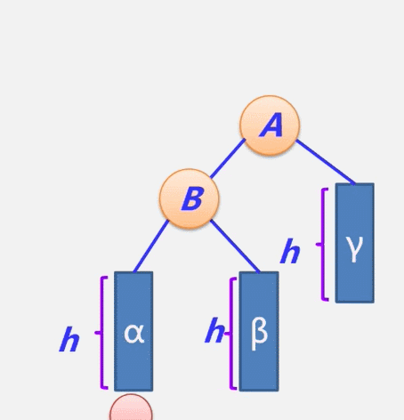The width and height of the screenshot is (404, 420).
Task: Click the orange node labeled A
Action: click(x=270, y=125)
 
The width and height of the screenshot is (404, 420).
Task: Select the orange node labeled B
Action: click(x=190, y=198)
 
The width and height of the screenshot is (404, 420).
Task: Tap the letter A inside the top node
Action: click(x=271, y=125)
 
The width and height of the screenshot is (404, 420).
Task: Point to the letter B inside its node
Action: click(x=192, y=199)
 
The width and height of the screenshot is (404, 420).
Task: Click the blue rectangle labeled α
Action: click(x=133, y=331)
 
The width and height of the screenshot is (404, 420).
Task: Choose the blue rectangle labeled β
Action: click(x=259, y=331)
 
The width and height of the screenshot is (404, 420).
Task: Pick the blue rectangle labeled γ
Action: click(x=355, y=243)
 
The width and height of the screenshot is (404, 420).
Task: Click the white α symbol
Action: click(x=134, y=334)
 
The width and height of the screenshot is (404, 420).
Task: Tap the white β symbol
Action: click(x=259, y=335)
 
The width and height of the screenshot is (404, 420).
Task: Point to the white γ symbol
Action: click(x=354, y=249)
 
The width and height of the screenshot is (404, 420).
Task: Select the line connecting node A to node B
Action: click(x=228, y=158)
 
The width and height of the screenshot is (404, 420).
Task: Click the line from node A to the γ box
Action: click(x=326, y=162)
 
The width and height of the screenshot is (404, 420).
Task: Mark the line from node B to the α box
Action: click(x=151, y=246)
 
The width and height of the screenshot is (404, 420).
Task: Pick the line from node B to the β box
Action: click(x=235, y=246)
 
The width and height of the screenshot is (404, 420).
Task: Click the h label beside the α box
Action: click(x=69, y=339)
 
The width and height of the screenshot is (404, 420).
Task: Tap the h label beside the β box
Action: click(x=214, y=330)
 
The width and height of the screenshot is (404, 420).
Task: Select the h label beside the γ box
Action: click(x=290, y=251)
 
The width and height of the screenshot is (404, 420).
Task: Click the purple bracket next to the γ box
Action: click(x=323, y=245)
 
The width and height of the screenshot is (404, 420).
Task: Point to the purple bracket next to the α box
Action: click(x=102, y=333)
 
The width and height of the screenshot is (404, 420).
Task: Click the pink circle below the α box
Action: click(x=131, y=407)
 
